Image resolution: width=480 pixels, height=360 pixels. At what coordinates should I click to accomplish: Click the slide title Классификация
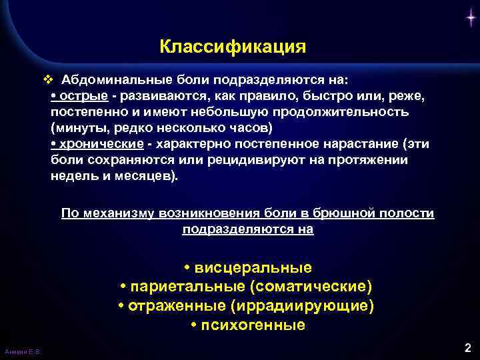click(233, 47)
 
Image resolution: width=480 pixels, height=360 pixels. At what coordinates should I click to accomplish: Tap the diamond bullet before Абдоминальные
click(47, 80)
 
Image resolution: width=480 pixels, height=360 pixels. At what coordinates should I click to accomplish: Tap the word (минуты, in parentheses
click(74, 127)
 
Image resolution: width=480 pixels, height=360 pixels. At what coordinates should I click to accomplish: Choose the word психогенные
click(253, 325)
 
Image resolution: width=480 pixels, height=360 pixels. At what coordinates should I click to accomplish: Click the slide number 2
click(467, 347)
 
